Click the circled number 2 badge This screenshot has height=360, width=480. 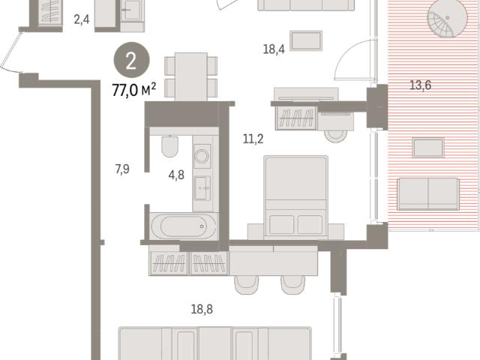click(x=132, y=60)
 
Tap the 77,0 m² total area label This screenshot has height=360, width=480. click(x=134, y=90)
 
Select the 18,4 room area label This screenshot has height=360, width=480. click(x=274, y=49)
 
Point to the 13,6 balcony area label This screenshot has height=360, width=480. click(x=420, y=85)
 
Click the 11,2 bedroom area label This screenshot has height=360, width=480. click(x=253, y=139)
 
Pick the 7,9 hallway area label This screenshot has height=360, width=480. click(x=122, y=169)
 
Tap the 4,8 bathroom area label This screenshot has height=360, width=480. click(x=176, y=175)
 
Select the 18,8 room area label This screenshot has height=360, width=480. click(x=202, y=309)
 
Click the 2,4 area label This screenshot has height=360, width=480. click(x=82, y=19)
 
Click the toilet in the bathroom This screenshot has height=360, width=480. click(x=170, y=146)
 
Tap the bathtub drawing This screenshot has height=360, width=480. click(x=184, y=226)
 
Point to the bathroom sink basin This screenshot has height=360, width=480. click(x=202, y=188)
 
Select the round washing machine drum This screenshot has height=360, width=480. click(x=202, y=156)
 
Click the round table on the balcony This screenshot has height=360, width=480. click(x=447, y=18)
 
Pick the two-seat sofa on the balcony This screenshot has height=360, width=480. click(x=428, y=194)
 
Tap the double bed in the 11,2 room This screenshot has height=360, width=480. click(x=295, y=197)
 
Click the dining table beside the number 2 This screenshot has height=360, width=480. click(x=191, y=76)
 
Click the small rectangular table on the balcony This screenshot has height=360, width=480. click(x=428, y=148)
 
